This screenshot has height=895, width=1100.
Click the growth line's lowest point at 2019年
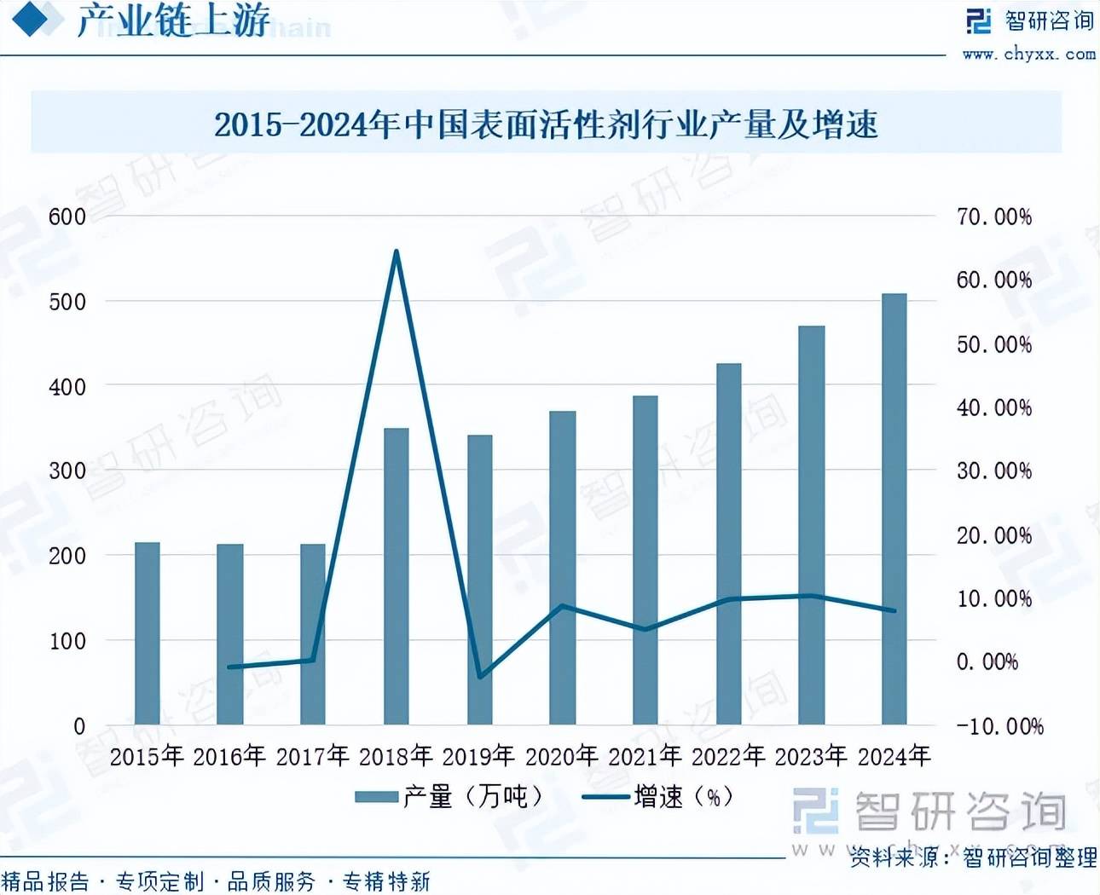tap(480, 677)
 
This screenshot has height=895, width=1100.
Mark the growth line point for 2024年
tap(894, 610)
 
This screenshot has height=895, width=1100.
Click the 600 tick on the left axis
tap(67, 217)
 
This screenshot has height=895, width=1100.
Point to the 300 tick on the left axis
tap(67, 471)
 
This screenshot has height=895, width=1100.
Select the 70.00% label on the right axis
tap(993, 217)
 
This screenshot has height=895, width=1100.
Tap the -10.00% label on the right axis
tap(999, 726)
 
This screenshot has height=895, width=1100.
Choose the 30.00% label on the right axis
tap(993, 471)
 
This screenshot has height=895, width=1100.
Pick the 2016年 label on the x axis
tap(229, 755)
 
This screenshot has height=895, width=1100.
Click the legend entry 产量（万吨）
tap(449, 797)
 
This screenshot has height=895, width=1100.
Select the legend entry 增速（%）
tap(658, 797)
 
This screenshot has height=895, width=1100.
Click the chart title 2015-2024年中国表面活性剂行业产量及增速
tap(546, 125)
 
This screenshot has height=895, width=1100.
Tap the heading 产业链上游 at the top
tap(173, 21)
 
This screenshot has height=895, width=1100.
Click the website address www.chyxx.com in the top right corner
tap(1028, 54)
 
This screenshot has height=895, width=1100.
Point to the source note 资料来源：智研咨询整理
tap(973, 857)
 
